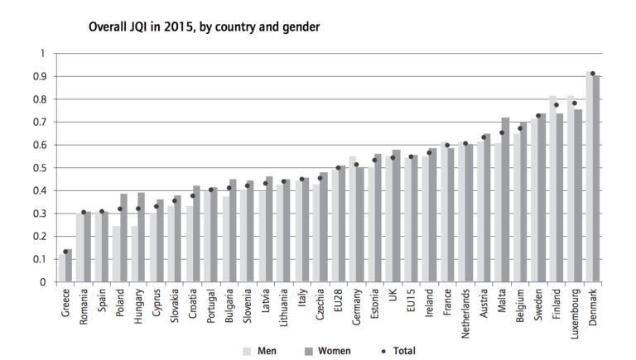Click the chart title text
click(x=204, y=27)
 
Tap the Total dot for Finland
click(x=556, y=105)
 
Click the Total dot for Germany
click(x=356, y=165)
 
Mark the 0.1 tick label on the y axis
click(x=37, y=259)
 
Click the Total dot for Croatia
click(x=193, y=196)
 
